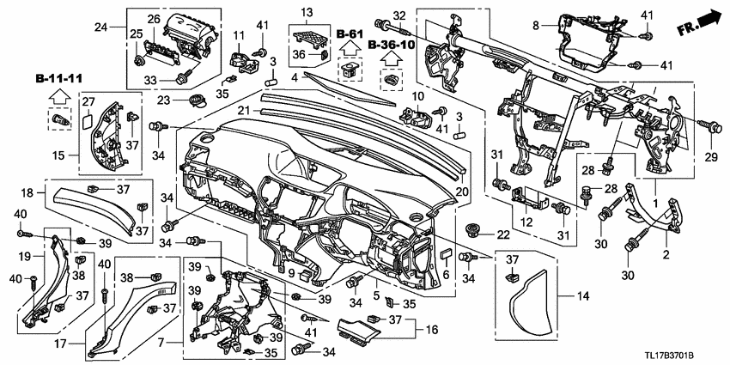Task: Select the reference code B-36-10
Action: tap(391, 44)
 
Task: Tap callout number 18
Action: tap(27, 193)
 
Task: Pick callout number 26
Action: tap(154, 19)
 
